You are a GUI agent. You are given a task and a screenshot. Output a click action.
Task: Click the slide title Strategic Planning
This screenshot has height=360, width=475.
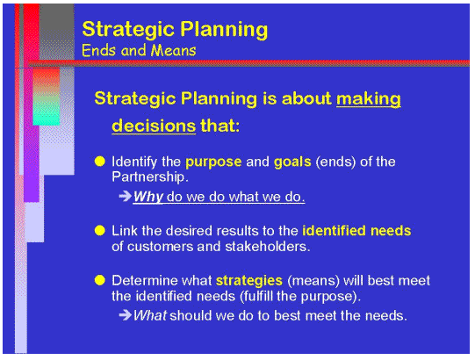point(175,29)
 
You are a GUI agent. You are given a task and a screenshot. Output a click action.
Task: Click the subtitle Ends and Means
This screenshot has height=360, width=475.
point(138,50)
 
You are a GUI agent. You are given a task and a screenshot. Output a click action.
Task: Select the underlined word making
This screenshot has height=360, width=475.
point(369,98)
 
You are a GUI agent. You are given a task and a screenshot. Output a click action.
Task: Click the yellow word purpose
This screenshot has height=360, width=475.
point(215,162)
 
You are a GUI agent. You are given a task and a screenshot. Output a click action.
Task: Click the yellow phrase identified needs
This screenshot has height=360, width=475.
point(356,230)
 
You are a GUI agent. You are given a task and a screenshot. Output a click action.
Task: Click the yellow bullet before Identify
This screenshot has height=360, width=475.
point(100,162)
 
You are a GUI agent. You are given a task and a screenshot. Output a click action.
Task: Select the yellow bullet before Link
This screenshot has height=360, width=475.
point(100,230)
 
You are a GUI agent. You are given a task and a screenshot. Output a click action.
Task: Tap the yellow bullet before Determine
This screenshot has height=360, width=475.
point(100,281)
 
